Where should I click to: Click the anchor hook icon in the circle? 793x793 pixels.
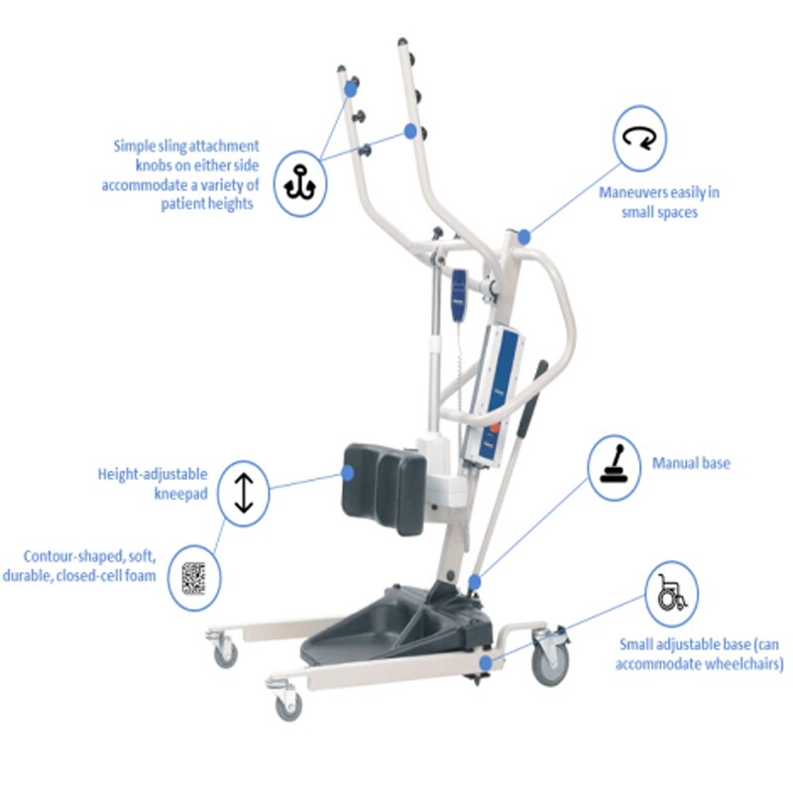coord(300,183)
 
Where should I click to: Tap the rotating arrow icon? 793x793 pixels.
coord(639,138)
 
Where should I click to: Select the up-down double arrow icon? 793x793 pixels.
coord(244,493)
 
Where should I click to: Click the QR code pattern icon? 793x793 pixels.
coord(193,578)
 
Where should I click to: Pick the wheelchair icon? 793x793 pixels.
coord(672,592)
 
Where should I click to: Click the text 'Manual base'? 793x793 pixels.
coord(691,463)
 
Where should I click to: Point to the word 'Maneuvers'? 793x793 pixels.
coord(626,192)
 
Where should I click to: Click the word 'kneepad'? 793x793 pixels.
coord(180,494)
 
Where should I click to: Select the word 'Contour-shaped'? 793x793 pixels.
coord(73,556)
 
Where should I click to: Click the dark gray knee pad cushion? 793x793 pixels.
coord(384,488)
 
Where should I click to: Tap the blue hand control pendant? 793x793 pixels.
coord(459,294)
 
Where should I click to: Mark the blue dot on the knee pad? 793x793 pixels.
coord(348,473)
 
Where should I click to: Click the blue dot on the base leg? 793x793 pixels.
coord(486,662)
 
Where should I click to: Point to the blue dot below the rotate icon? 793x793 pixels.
coord(524,236)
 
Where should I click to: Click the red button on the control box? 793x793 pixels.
coord(494,429)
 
